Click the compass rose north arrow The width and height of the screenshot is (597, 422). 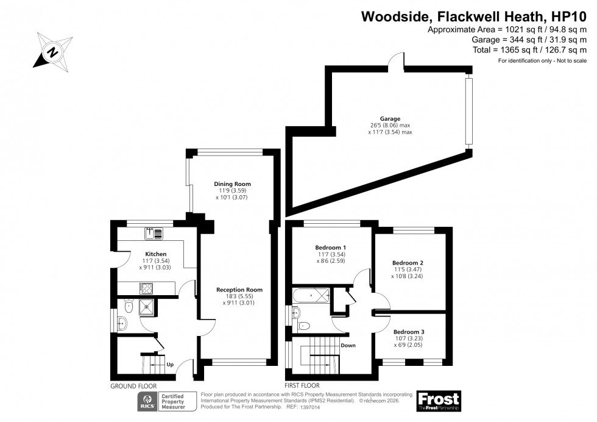tap(53, 51)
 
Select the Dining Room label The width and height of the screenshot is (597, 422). tap(232, 184)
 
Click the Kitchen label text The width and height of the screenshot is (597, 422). tap(155, 254)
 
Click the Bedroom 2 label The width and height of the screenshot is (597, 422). tap(408, 263)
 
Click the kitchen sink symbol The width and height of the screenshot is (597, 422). tap(153, 232)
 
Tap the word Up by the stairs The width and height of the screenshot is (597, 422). tap(170, 365)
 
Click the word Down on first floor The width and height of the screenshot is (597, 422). tap(348, 345)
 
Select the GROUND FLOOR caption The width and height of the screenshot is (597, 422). tap(133, 387)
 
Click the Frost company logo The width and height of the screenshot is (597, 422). tap(438, 401)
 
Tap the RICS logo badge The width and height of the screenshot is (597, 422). tap(147, 401)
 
